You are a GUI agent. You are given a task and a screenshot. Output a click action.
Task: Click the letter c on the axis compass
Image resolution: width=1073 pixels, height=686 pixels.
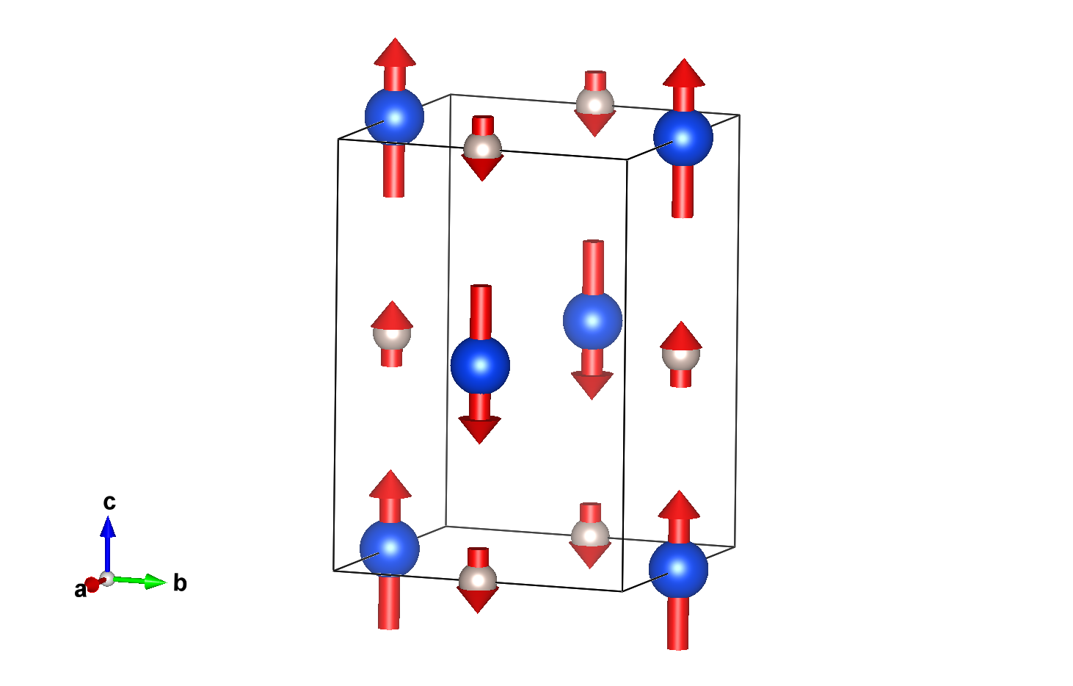click(x=109, y=502)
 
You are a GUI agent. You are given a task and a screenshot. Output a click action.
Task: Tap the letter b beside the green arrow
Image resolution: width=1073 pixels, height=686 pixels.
click(x=180, y=584)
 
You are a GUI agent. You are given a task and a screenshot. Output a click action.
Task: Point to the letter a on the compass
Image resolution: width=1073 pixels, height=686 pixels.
click(x=79, y=590)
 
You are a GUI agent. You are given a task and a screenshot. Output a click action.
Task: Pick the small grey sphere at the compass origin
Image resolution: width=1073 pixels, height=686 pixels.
click(x=108, y=579)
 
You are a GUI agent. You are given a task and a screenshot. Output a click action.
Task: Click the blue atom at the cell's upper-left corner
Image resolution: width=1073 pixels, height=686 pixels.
click(x=394, y=116)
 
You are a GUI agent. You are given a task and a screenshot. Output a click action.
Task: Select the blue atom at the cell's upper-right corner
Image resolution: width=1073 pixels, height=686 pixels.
click(x=683, y=137)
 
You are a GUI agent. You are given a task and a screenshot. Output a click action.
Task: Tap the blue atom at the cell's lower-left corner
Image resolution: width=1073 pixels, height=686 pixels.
click(x=390, y=548)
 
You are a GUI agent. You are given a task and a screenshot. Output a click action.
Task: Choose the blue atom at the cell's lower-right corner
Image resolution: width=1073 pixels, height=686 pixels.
click(x=678, y=568)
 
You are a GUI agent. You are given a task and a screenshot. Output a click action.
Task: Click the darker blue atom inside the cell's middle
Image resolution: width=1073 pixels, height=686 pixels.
click(x=480, y=365)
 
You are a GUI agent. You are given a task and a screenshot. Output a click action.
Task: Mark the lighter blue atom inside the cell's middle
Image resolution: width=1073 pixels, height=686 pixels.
click(x=592, y=321)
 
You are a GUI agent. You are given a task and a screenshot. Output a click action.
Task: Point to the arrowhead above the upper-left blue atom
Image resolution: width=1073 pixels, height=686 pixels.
click(x=395, y=52)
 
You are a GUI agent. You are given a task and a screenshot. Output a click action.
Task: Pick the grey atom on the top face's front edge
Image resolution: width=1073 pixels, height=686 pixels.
click(x=482, y=148)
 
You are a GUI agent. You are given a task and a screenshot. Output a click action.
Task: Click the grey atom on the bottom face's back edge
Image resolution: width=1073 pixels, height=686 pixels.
click(x=590, y=535)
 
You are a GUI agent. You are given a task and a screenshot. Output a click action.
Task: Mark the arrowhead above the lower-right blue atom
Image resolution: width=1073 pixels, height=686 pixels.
click(x=679, y=505)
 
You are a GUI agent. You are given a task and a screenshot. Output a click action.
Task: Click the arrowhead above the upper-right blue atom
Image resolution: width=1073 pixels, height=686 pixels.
click(x=684, y=73)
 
